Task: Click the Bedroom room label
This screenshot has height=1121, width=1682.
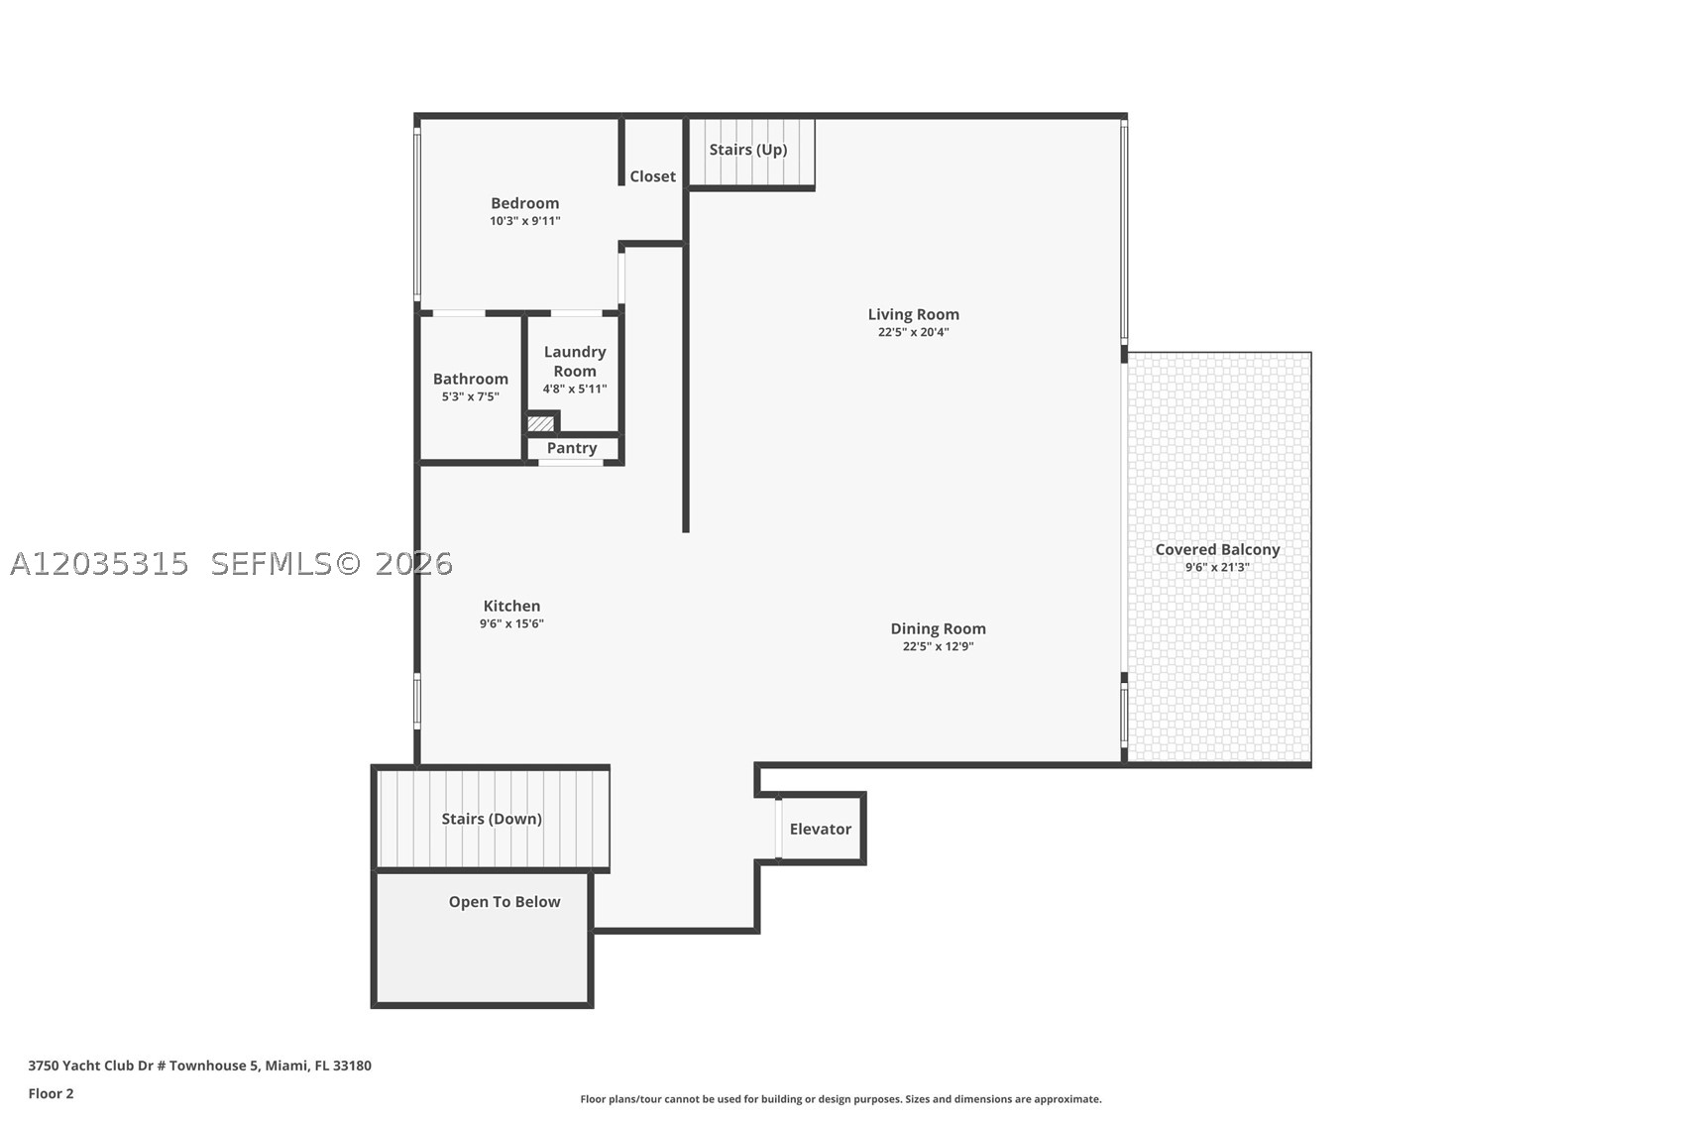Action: [x=525, y=203]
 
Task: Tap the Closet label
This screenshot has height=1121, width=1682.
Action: [x=652, y=176]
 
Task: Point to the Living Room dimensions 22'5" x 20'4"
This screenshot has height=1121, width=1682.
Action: [x=913, y=332]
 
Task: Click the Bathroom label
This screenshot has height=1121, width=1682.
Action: [x=470, y=379]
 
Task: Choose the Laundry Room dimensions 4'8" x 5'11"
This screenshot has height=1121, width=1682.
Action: [x=575, y=389]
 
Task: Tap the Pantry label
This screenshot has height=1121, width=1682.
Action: [x=572, y=448]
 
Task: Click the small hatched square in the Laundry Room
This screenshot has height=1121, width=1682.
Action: [x=540, y=424]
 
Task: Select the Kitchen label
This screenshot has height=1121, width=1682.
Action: [x=511, y=606]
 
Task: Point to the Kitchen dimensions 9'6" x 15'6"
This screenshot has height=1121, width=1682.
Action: [x=511, y=623]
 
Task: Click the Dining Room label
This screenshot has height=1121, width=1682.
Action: [x=938, y=628]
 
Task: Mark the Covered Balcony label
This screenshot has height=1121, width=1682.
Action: [x=1217, y=550]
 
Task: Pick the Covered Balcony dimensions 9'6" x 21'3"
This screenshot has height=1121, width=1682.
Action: [x=1217, y=567]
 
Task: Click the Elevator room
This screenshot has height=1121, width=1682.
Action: [x=821, y=829]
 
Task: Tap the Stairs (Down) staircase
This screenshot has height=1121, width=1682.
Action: [x=493, y=819]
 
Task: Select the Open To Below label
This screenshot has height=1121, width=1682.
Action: [x=505, y=902]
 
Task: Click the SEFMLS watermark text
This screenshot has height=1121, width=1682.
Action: [x=271, y=564]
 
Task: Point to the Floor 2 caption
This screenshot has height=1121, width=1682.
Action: [x=52, y=1093]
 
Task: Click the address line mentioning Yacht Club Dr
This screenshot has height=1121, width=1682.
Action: [x=200, y=1065]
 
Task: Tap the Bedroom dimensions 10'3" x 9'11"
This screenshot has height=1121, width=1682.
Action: [x=525, y=221]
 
